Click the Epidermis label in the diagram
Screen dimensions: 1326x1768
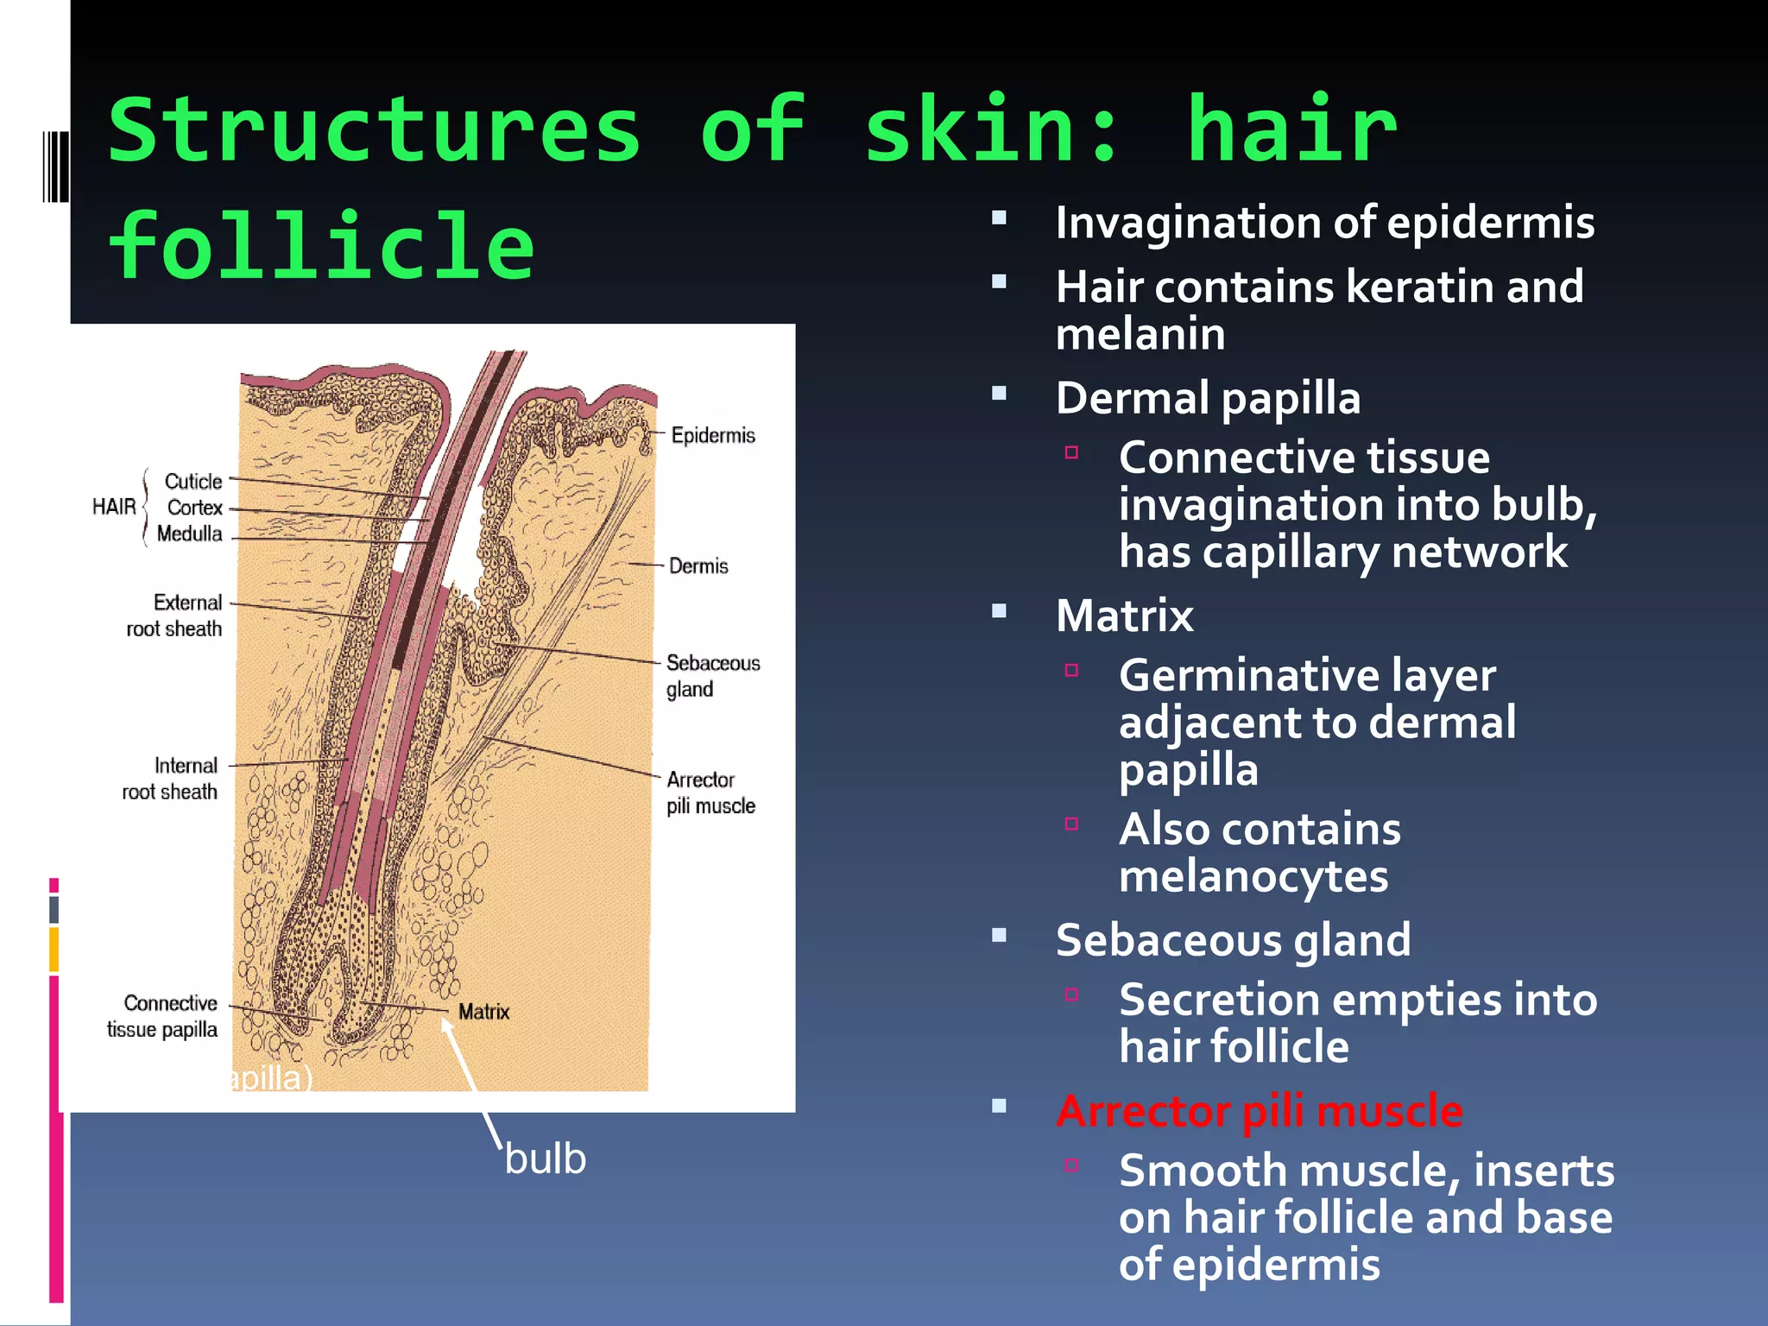[x=712, y=435]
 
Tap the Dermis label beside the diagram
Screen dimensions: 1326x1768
[x=698, y=566]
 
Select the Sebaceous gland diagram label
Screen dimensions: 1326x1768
[x=712, y=676]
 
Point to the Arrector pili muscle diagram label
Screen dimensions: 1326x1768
[x=710, y=792]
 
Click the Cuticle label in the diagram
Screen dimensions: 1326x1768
[x=193, y=482]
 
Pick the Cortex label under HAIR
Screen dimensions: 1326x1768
[x=195, y=508]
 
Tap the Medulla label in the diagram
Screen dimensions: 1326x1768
[x=190, y=534]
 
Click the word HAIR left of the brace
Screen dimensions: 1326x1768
[x=114, y=507]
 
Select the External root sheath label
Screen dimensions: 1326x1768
[x=174, y=616]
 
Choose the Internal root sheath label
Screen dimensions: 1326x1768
[x=170, y=779]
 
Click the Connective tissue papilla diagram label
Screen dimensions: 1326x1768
[x=162, y=1016]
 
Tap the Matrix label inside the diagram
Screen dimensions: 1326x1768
[x=483, y=1012]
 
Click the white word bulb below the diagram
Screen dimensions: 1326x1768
[x=545, y=1159]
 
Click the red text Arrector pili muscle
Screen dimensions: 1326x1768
[x=1260, y=1111]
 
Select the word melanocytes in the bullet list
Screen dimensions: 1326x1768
[x=1253, y=877]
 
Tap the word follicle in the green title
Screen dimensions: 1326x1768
[x=321, y=247]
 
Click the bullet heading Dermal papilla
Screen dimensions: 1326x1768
[x=1208, y=399]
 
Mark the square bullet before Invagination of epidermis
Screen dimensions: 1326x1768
[x=1000, y=218]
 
